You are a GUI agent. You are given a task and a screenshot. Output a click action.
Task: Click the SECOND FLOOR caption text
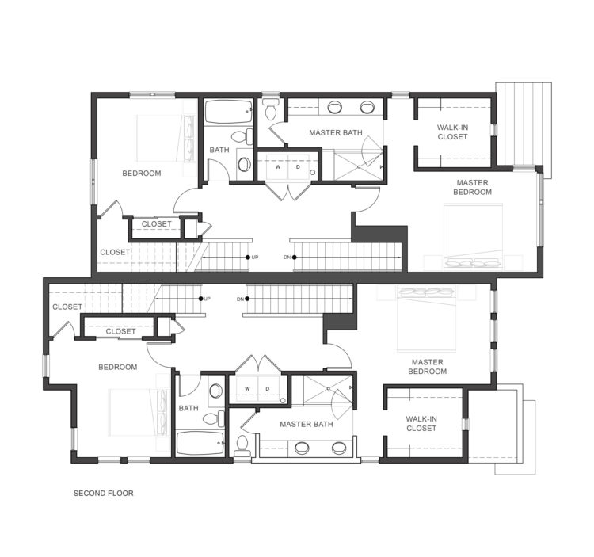click(x=104, y=494)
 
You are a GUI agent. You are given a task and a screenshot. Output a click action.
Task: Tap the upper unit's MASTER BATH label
click(x=336, y=132)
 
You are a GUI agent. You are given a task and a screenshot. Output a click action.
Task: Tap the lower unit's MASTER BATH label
click(x=307, y=425)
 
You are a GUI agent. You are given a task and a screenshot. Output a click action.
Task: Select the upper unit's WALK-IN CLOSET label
click(x=452, y=132)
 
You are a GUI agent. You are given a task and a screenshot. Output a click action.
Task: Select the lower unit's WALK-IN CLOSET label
click(x=421, y=424)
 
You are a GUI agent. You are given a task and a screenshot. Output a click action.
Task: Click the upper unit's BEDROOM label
click(x=142, y=174)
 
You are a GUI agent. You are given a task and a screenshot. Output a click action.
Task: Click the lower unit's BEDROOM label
click(x=118, y=367)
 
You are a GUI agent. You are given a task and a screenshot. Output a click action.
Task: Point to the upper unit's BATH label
click(x=219, y=150)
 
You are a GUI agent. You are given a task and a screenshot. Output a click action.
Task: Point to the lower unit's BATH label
click(x=188, y=409)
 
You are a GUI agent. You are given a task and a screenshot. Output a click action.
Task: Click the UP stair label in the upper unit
click(x=255, y=258)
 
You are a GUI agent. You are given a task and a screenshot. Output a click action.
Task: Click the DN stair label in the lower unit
click(x=240, y=299)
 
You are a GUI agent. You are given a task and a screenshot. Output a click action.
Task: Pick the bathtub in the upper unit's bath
click(x=229, y=112)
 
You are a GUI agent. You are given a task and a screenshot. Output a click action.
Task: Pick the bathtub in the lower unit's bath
click(x=200, y=444)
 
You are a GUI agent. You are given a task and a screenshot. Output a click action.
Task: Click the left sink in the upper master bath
click(x=334, y=107)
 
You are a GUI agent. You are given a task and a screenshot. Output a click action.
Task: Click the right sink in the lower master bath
click(x=339, y=448)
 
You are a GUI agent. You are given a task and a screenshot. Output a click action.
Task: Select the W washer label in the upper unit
click(x=278, y=166)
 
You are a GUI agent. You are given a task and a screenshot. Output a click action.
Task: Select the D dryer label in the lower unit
click(x=268, y=389)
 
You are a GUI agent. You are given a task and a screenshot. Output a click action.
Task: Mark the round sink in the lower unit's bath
click(x=216, y=391)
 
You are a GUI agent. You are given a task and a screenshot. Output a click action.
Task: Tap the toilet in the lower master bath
click(x=242, y=446)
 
